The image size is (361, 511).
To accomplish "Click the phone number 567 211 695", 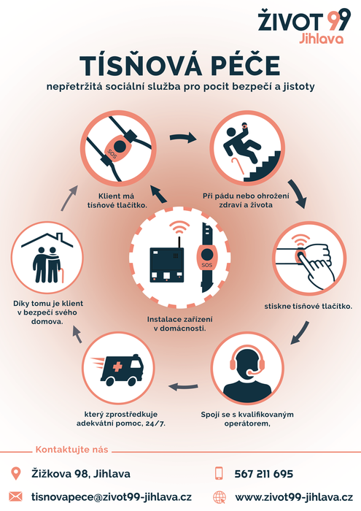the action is [264, 474].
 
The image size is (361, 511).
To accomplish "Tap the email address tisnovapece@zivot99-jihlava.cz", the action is [112, 497].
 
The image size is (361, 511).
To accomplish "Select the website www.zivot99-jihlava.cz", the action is [294, 497].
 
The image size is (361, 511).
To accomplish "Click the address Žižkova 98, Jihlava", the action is [81, 474].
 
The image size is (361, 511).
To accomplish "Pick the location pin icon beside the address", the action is [15, 474].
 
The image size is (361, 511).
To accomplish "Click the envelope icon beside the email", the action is [15, 497].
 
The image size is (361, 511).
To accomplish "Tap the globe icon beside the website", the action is [220, 497].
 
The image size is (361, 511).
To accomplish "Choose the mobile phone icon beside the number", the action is [220, 474].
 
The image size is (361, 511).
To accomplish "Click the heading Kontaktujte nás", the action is [71, 450].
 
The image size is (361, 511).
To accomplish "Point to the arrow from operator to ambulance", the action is [183, 387].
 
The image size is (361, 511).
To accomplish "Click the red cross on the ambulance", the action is [117, 367].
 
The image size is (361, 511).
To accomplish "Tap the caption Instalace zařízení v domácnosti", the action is [179, 323].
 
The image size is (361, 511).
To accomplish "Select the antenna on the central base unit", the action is [179, 242].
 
